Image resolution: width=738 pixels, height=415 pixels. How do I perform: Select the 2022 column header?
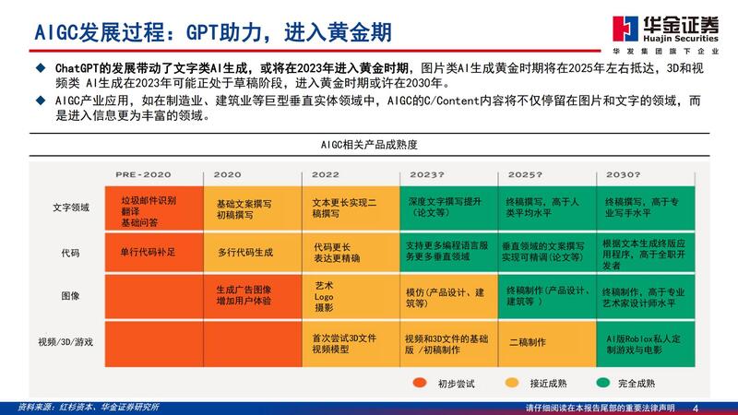326,174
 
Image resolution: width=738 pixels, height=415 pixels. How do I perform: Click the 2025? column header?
525,174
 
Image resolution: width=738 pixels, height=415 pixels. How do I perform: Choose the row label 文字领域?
70,207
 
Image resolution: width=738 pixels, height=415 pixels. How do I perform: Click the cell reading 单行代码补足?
148,251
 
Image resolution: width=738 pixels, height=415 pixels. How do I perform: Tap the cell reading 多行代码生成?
245,251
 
